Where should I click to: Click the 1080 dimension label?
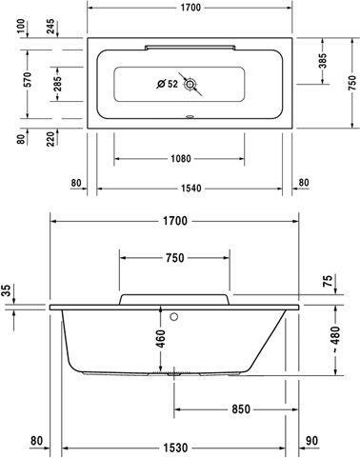pyautogui.click(x=181, y=158)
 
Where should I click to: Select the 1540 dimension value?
pyautogui.click(x=191, y=189)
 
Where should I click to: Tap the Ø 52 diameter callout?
pyautogui.click(x=168, y=84)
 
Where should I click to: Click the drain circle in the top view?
pyautogui.click(x=190, y=84)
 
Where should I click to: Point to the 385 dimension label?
pyautogui.click(x=323, y=61)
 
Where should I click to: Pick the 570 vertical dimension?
pyautogui.click(x=28, y=80)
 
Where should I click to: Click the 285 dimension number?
pyautogui.click(x=57, y=84)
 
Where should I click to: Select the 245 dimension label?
pyautogui.click(x=50, y=26)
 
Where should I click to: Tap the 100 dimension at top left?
pyautogui.click(x=21, y=26)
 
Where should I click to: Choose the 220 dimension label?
pyautogui.click(x=50, y=138)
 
